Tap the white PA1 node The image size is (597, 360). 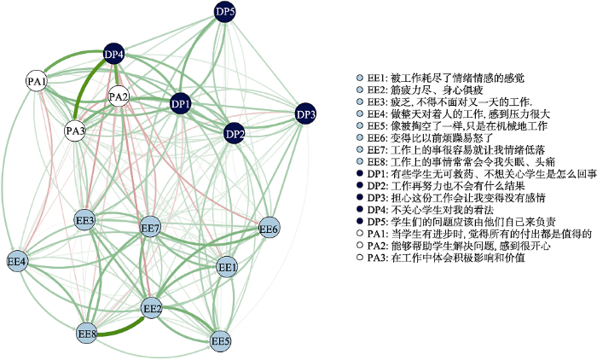(37, 80)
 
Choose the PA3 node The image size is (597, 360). (75, 131)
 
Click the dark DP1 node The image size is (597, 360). (180, 103)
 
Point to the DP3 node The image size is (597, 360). (305, 114)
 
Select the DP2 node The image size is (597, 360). (235, 133)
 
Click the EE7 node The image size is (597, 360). (151, 228)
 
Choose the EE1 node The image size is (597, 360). (227, 267)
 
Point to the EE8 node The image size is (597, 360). (87, 332)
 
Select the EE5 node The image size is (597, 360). (220, 340)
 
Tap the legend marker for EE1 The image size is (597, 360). (361, 78)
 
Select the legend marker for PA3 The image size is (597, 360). (361, 257)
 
